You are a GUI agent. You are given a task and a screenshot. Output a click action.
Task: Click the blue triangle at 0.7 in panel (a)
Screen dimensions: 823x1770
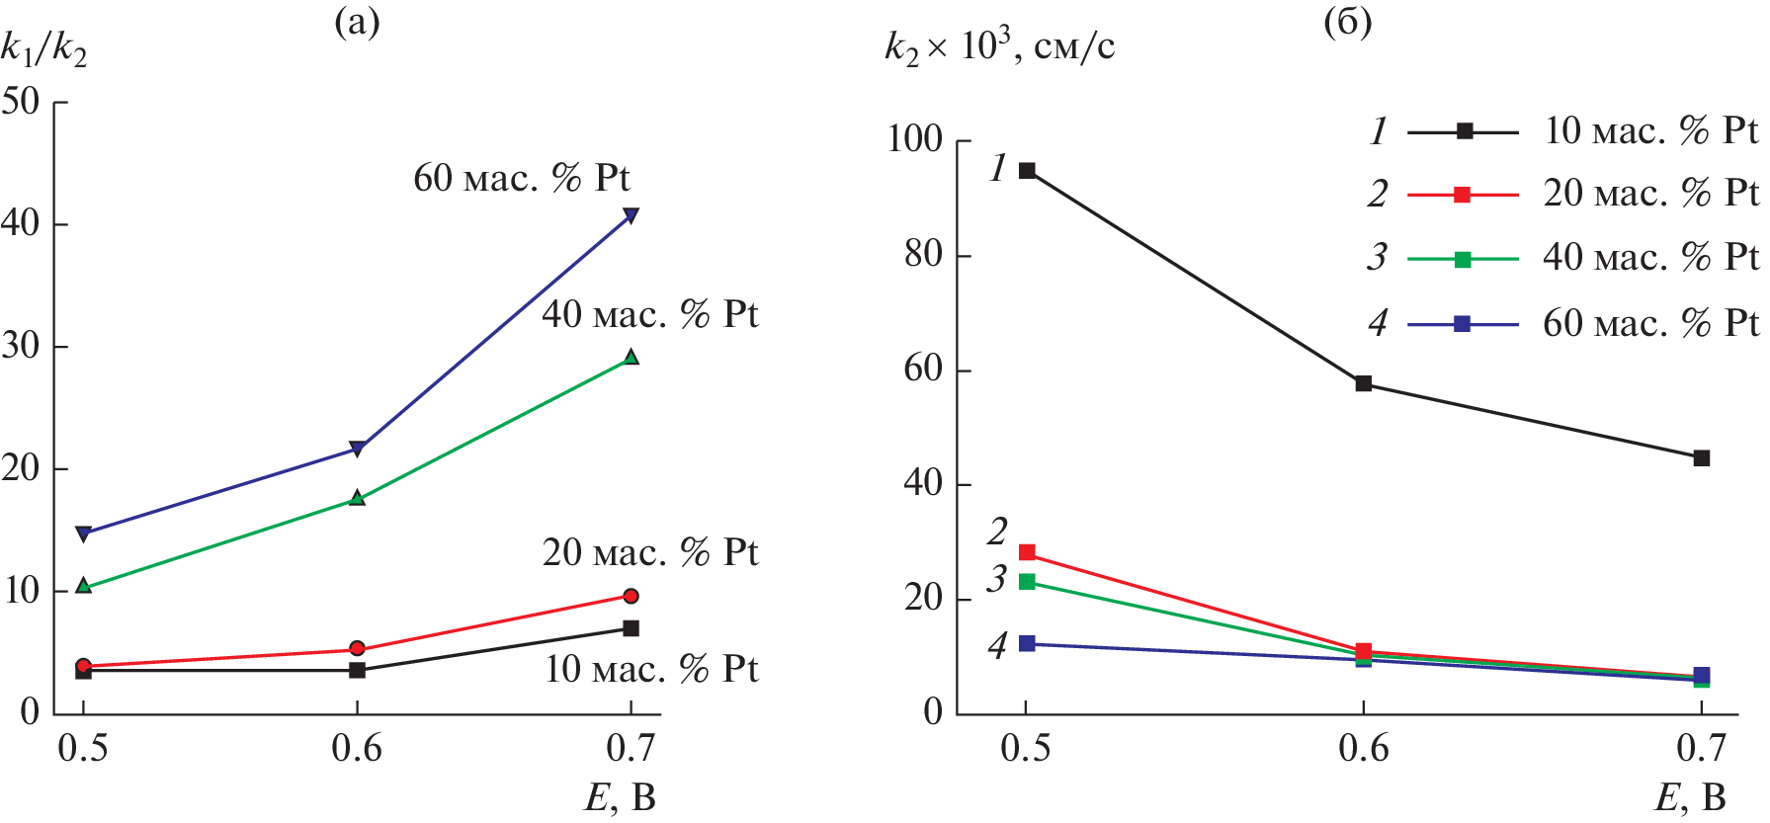pos(631,215)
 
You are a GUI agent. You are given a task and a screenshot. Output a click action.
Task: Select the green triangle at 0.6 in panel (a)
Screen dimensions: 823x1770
pos(357,499)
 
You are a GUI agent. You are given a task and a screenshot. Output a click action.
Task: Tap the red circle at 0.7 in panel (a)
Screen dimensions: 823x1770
pos(631,596)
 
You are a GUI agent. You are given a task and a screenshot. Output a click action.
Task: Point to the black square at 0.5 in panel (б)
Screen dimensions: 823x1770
pos(1027,171)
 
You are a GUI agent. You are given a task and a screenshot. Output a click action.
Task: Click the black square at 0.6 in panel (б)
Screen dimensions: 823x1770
pos(1364,383)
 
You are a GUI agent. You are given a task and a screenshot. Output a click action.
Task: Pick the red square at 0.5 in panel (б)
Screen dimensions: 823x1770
pos(1027,552)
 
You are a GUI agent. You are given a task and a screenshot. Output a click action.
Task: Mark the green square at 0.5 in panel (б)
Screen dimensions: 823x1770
pos(1027,582)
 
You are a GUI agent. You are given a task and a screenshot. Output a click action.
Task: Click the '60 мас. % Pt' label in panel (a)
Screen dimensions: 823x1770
pos(521,179)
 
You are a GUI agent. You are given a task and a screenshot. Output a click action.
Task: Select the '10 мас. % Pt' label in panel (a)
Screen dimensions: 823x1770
pos(651,670)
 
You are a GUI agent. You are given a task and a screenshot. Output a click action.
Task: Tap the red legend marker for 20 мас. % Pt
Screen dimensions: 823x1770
pos(1463,195)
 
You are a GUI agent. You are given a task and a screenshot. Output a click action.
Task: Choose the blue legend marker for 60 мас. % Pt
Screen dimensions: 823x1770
pos(1463,324)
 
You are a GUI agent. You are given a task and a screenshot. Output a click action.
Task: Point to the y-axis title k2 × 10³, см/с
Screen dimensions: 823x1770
pos(999,46)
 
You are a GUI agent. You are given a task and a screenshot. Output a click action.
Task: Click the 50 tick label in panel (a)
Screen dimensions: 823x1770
pos(22,102)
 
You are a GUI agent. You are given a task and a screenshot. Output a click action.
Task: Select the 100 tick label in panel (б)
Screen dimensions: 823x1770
pos(914,139)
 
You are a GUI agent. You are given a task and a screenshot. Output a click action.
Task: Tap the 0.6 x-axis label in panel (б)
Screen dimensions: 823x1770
pos(1364,749)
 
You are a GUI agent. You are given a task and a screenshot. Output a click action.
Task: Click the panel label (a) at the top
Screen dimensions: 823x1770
pos(357,22)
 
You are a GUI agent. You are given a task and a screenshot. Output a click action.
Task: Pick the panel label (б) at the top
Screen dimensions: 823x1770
pos(1348,22)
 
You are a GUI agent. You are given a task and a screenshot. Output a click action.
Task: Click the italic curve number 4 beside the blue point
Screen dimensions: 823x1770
pos(997,646)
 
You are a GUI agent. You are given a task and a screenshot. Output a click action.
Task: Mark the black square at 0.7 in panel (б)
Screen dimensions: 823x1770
pos(1702,458)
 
